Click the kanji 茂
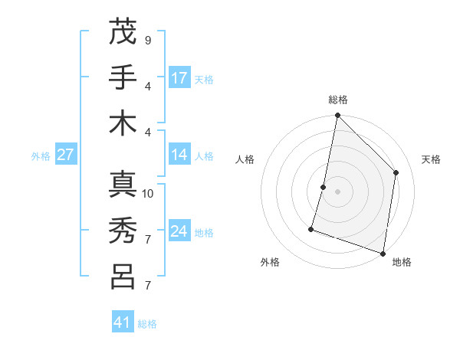123,31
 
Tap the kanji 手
123,77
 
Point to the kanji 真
123,185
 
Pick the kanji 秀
123,231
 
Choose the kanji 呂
123,277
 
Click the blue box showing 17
179,78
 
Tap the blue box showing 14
179,155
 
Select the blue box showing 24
179,232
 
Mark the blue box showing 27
66,155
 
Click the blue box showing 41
123,322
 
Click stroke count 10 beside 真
148,193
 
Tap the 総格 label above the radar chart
338,100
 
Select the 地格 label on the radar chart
402,262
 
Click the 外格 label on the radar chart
270,262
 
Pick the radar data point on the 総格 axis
337,116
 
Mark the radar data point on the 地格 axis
383,253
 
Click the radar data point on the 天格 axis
396,172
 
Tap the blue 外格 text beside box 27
41,156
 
